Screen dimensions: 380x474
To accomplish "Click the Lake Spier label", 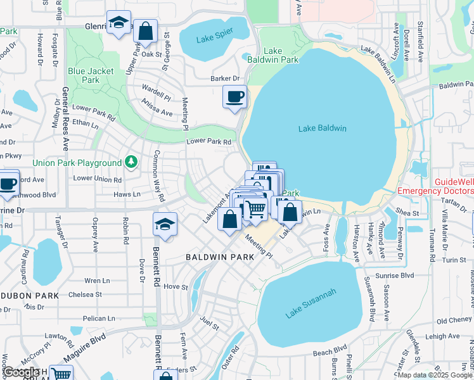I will pyautogui.click(x=214, y=39).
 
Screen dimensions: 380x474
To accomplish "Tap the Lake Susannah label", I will pyautogui.click(x=310, y=303).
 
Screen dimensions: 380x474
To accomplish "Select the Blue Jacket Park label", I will pyautogui.click(x=91, y=75).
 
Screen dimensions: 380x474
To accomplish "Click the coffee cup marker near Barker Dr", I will pyautogui.click(x=234, y=98).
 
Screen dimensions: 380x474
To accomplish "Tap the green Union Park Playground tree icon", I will pyautogui.click(x=131, y=162).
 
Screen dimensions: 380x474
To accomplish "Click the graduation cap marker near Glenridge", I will pyautogui.click(x=118, y=23).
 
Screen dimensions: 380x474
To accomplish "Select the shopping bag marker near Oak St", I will pyautogui.click(x=146, y=31).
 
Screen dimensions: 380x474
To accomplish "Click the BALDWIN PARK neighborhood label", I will pyautogui.click(x=219, y=257).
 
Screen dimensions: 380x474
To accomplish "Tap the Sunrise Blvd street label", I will pyautogui.click(x=398, y=275).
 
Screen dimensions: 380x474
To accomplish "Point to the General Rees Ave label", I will pyautogui.click(x=65, y=118).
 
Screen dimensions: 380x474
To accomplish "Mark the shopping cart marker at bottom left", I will pyautogui.click(x=61, y=374).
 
